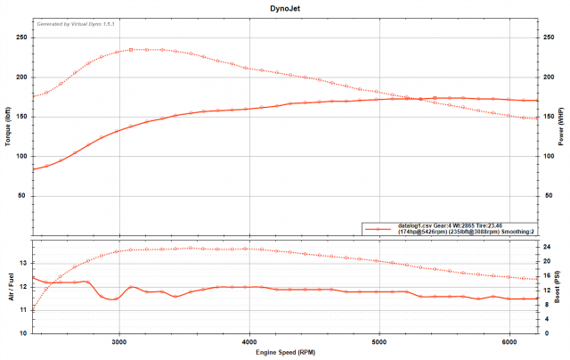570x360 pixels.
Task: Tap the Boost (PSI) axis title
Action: click(x=562, y=286)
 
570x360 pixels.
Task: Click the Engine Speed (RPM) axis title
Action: click(x=285, y=353)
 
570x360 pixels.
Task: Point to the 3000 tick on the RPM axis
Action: click(x=119, y=341)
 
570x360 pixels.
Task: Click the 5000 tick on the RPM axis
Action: click(x=380, y=341)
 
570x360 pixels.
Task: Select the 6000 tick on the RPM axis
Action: click(x=510, y=341)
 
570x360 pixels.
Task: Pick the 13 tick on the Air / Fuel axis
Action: click(x=23, y=263)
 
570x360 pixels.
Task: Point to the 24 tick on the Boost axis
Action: click(x=548, y=246)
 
